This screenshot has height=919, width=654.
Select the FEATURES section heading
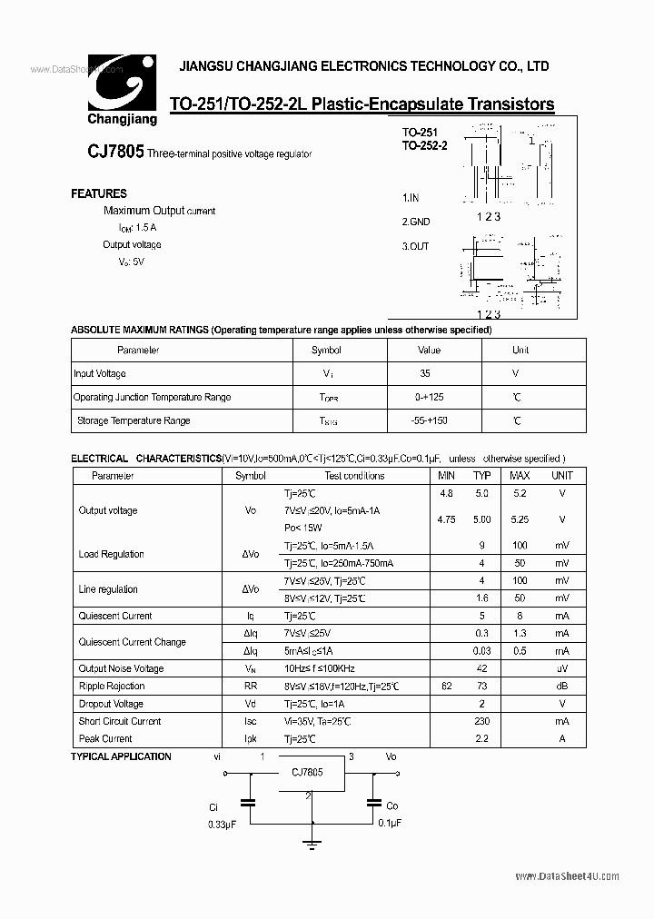point(99,193)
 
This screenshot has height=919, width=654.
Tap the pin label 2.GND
point(416,222)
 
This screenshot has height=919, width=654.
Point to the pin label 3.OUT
point(415,246)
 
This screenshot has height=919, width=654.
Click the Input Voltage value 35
point(425,373)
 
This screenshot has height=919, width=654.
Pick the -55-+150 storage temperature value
point(429,420)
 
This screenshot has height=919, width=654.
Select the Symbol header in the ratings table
point(326,350)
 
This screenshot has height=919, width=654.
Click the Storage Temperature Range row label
point(134,420)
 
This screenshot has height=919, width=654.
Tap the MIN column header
point(446,476)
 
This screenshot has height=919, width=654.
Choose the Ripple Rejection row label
point(112,687)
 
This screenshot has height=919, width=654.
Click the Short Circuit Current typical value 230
point(481,721)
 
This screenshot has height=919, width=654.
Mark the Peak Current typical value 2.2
point(481,738)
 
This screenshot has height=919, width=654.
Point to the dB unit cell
point(562,687)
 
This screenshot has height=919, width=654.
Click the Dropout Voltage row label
point(111,704)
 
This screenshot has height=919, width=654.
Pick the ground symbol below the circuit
point(312,845)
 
